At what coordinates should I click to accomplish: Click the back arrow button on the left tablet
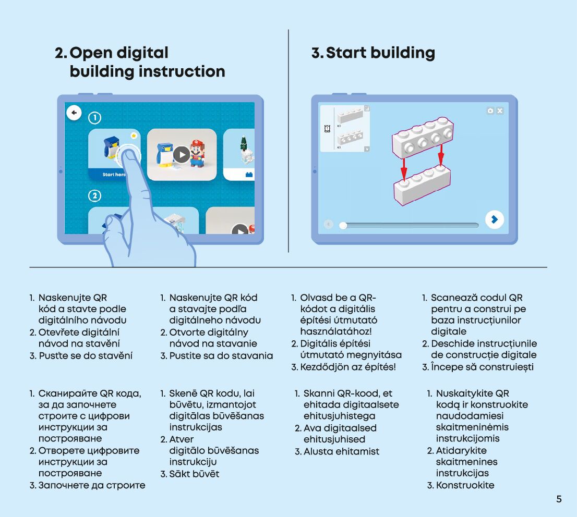pos(74,113)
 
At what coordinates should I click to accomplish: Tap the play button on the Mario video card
pos(182,155)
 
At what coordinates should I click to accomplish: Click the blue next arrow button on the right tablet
pos(494,219)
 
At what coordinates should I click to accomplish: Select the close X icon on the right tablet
pos(500,111)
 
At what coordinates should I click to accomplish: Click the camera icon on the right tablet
pos(490,111)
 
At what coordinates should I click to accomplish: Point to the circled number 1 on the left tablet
pos(94,118)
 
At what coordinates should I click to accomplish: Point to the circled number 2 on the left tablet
pos(94,196)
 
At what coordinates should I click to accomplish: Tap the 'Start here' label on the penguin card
pos(113,175)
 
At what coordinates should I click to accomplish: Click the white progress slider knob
pos(343,225)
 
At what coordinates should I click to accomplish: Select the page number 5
pos(559,499)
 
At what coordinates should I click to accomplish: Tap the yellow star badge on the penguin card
pos(134,136)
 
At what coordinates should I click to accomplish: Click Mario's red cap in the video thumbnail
pos(197,142)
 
